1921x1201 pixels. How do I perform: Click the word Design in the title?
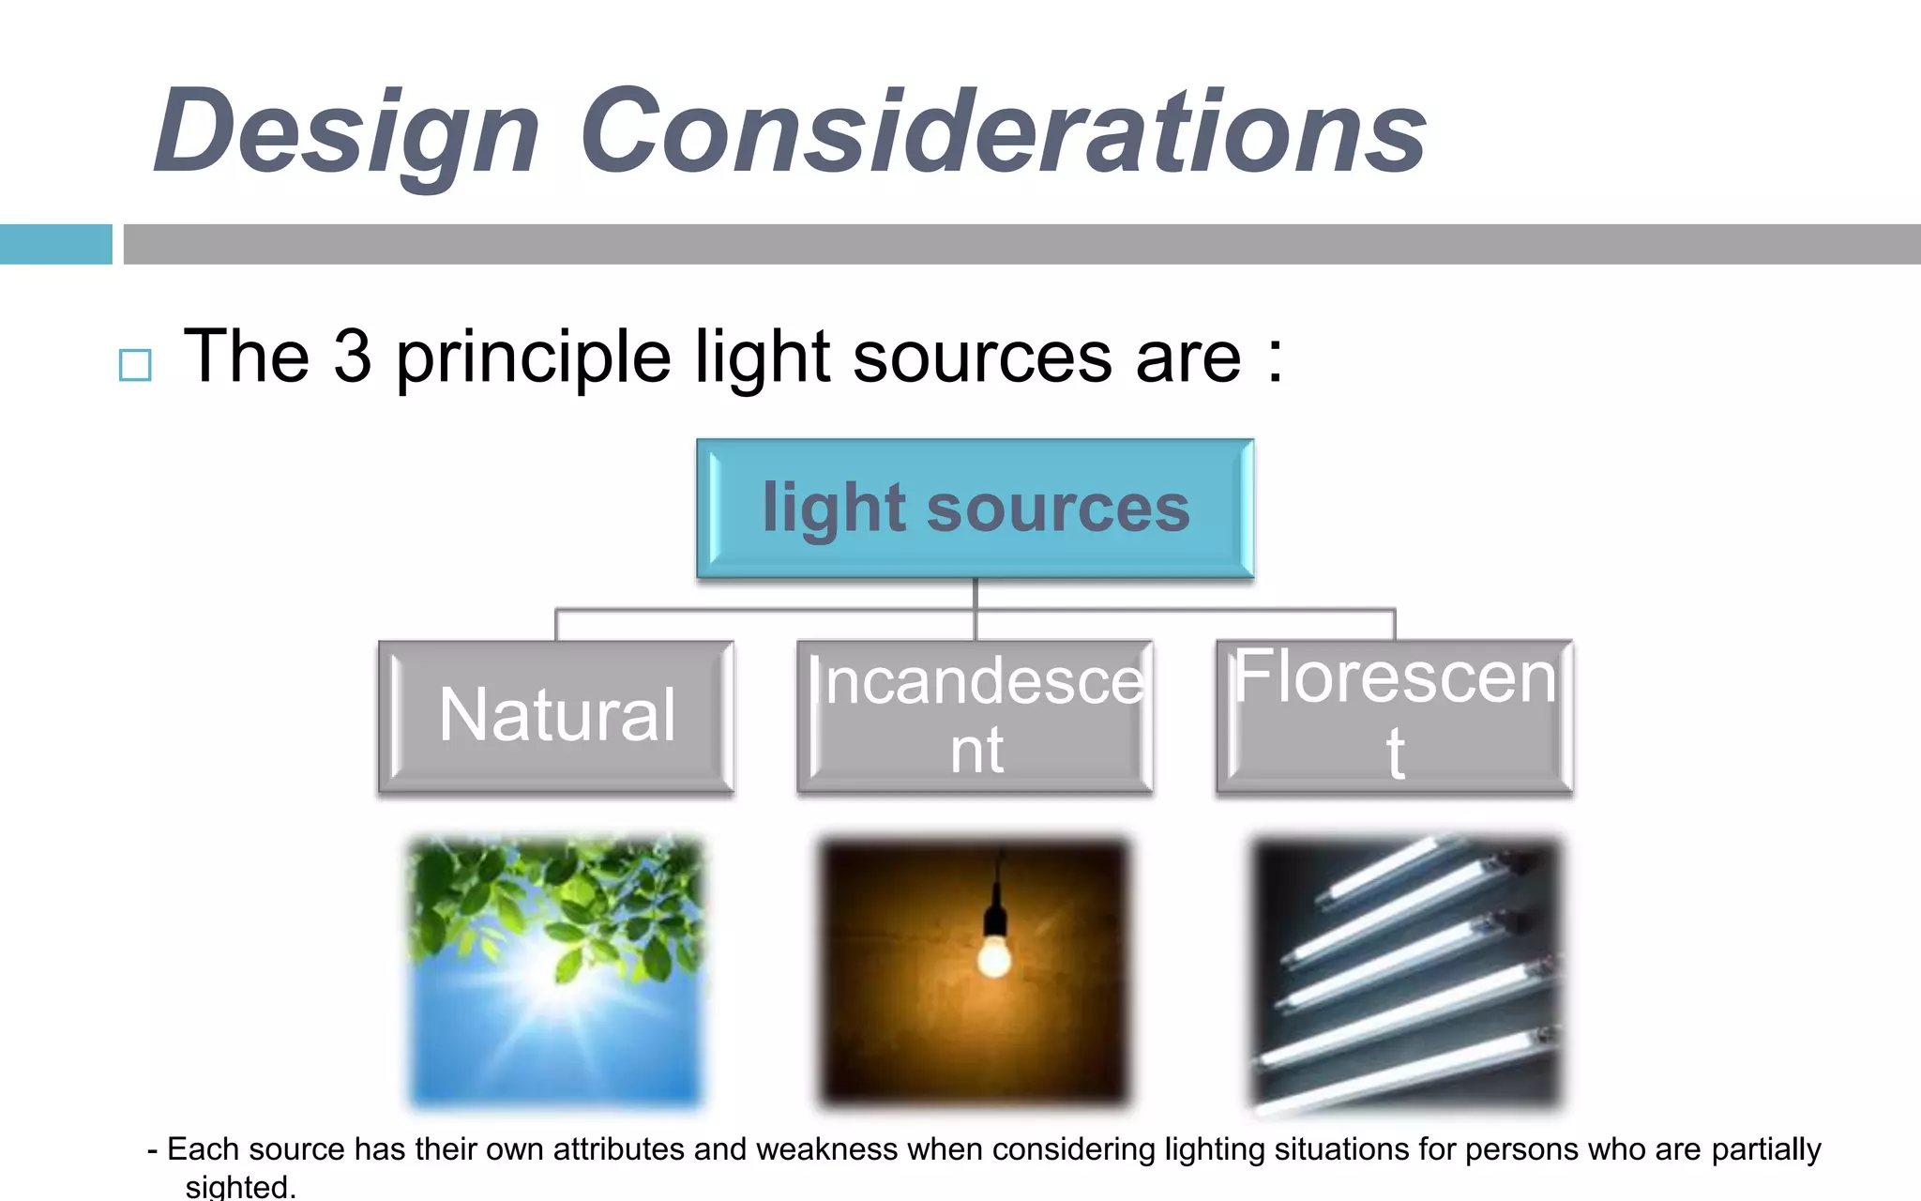click(x=347, y=131)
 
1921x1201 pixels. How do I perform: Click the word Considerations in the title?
click(x=1004, y=131)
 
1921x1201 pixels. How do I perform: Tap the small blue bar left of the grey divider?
click(x=55, y=244)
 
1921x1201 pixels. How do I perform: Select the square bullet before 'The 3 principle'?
click(x=135, y=365)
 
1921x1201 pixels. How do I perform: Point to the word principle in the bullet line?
click(x=533, y=358)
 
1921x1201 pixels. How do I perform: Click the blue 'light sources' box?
click(x=976, y=508)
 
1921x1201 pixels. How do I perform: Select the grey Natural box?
click(x=556, y=717)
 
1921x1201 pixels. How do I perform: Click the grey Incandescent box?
click(x=976, y=717)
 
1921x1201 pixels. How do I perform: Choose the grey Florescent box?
click(x=1394, y=717)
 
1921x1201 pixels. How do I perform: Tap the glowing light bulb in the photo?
click(x=994, y=957)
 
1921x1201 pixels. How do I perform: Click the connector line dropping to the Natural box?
click(x=556, y=625)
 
